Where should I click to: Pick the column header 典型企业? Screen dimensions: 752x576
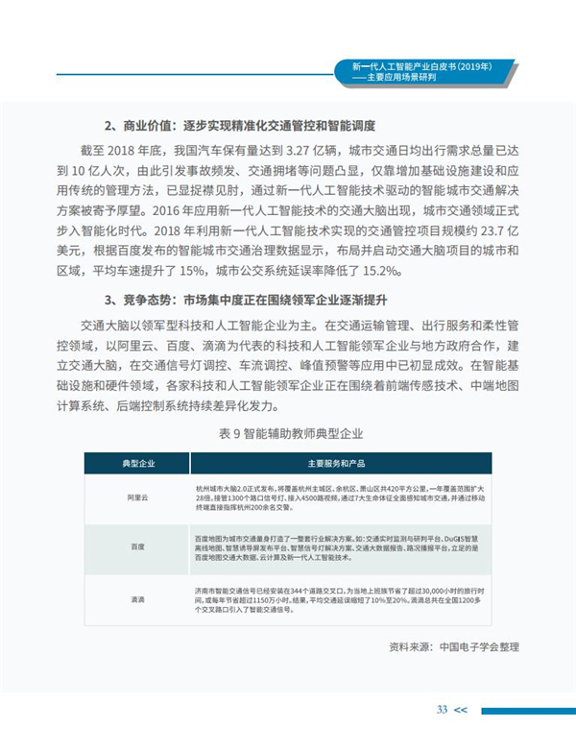pyautogui.click(x=138, y=462)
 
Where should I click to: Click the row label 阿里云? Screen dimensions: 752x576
pyautogui.click(x=138, y=499)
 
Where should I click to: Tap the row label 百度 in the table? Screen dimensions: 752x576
pyautogui.click(x=138, y=546)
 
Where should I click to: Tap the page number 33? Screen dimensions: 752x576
pyautogui.click(x=442, y=709)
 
